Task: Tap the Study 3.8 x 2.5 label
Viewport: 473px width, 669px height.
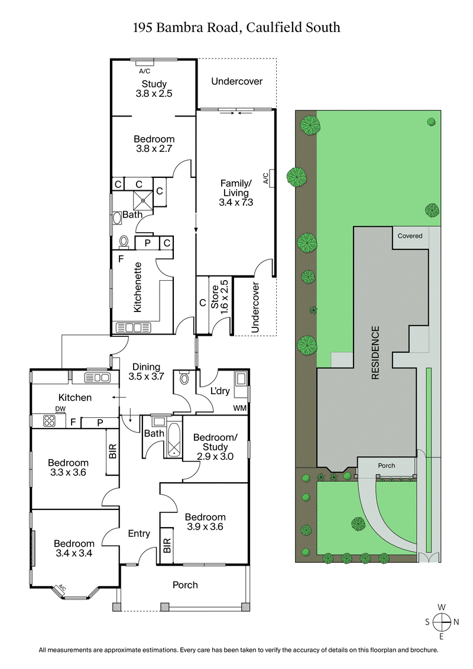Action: [x=154, y=89]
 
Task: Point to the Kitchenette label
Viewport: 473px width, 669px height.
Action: [x=137, y=287]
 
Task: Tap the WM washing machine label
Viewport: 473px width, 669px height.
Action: [x=241, y=408]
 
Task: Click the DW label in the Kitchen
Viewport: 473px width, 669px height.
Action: [x=60, y=409]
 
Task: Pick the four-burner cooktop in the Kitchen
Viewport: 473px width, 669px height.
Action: [x=48, y=421]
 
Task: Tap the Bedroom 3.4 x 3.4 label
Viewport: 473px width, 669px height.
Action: [x=74, y=548]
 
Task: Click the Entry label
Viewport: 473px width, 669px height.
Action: [x=139, y=534]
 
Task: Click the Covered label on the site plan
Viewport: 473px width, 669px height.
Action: [x=410, y=236]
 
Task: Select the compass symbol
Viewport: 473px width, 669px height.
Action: [x=441, y=622]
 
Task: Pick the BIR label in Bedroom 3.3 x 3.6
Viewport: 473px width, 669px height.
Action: [x=112, y=452]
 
